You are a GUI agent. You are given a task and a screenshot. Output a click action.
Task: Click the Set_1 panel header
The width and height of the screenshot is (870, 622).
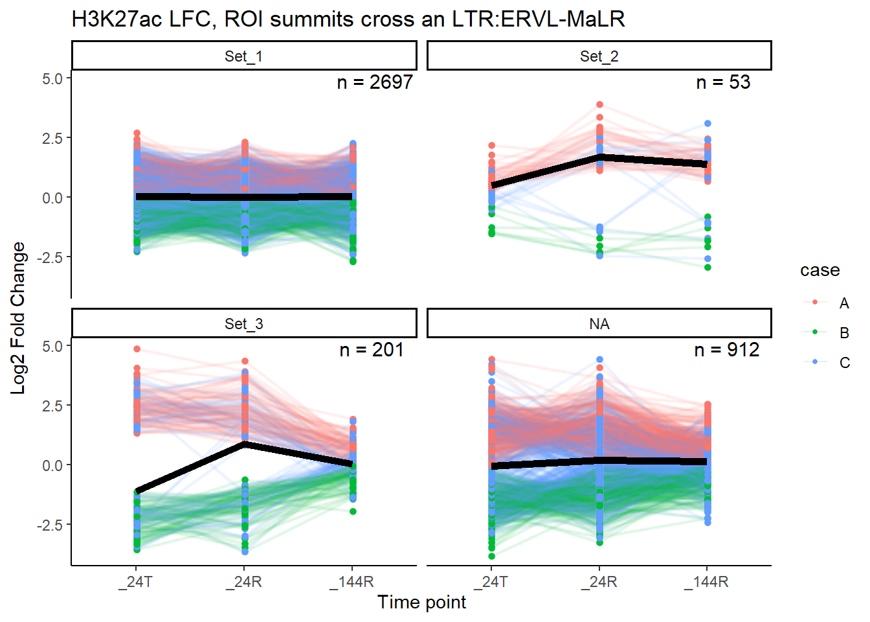pyautogui.click(x=243, y=56)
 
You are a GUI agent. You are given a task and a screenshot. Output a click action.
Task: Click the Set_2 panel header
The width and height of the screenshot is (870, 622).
pyautogui.click(x=599, y=56)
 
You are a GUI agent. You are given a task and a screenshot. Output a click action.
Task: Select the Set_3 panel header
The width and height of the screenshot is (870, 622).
pyautogui.click(x=243, y=324)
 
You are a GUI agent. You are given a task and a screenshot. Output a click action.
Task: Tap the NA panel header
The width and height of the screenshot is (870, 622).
pyautogui.click(x=599, y=324)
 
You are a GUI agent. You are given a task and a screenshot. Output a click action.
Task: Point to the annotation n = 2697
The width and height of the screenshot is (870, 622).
pyautogui.click(x=374, y=82)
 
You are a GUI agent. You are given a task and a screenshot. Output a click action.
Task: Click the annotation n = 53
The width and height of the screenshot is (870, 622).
pyautogui.click(x=723, y=82)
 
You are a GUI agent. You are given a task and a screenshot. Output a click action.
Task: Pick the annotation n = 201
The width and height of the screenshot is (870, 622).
pyautogui.click(x=372, y=350)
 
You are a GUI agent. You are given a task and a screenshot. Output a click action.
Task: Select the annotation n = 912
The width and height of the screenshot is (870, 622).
pyautogui.click(x=726, y=350)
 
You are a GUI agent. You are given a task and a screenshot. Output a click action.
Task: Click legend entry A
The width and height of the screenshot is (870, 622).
pyautogui.click(x=843, y=303)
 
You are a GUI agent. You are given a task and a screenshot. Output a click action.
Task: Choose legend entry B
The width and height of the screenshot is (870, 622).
pyautogui.click(x=843, y=333)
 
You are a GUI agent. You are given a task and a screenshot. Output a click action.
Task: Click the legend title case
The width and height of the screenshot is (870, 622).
pyautogui.click(x=820, y=270)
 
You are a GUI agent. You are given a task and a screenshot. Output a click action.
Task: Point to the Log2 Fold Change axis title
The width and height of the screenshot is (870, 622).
pyautogui.click(x=18, y=317)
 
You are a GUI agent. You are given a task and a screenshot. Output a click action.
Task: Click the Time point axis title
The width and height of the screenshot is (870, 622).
pyautogui.click(x=421, y=603)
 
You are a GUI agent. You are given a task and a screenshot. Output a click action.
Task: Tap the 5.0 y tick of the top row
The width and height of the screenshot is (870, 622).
pyautogui.click(x=52, y=78)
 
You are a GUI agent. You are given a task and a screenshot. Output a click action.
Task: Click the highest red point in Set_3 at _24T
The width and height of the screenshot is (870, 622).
pyautogui.click(x=137, y=349)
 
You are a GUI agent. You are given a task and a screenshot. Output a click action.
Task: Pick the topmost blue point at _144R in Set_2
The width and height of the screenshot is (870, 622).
pyautogui.click(x=708, y=123)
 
